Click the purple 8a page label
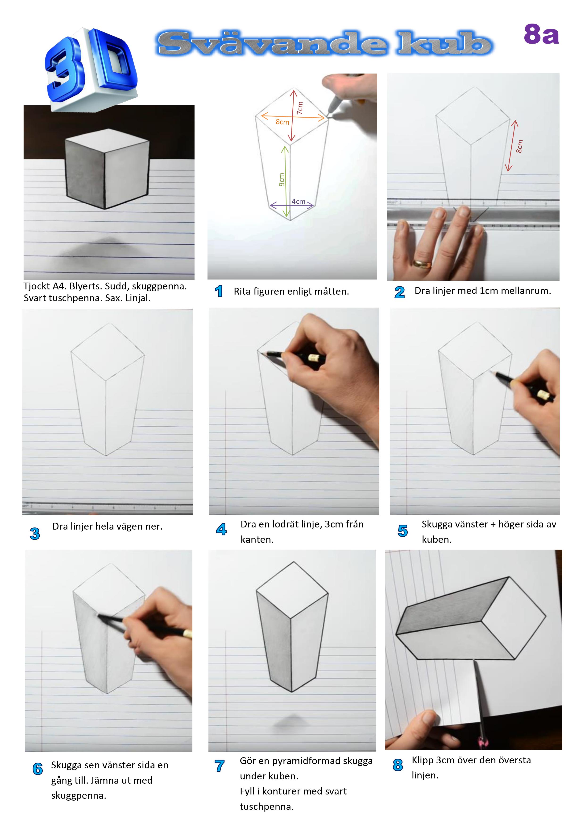[541, 35]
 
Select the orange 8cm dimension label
[282, 122]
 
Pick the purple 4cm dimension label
[299, 201]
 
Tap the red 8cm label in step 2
[519, 146]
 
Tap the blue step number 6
[37, 769]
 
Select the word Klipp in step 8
[423, 760]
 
